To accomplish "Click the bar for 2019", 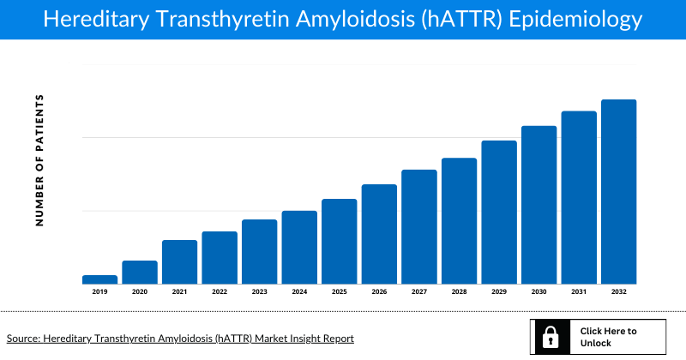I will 99,279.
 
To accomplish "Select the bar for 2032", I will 618,191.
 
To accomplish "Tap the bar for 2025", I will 339,241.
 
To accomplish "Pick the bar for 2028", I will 459,220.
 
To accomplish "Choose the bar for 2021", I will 179,261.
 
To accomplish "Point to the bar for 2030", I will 539,204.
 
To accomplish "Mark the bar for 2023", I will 259,251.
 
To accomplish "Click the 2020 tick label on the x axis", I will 140,292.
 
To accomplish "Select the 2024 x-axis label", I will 299,292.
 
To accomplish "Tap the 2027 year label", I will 419,292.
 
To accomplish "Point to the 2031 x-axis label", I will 579,292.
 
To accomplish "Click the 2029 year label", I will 499,292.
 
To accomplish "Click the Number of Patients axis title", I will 39,160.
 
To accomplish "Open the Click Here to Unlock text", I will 608,337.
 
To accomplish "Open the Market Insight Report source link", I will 180,339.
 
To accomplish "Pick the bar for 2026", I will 379,233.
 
